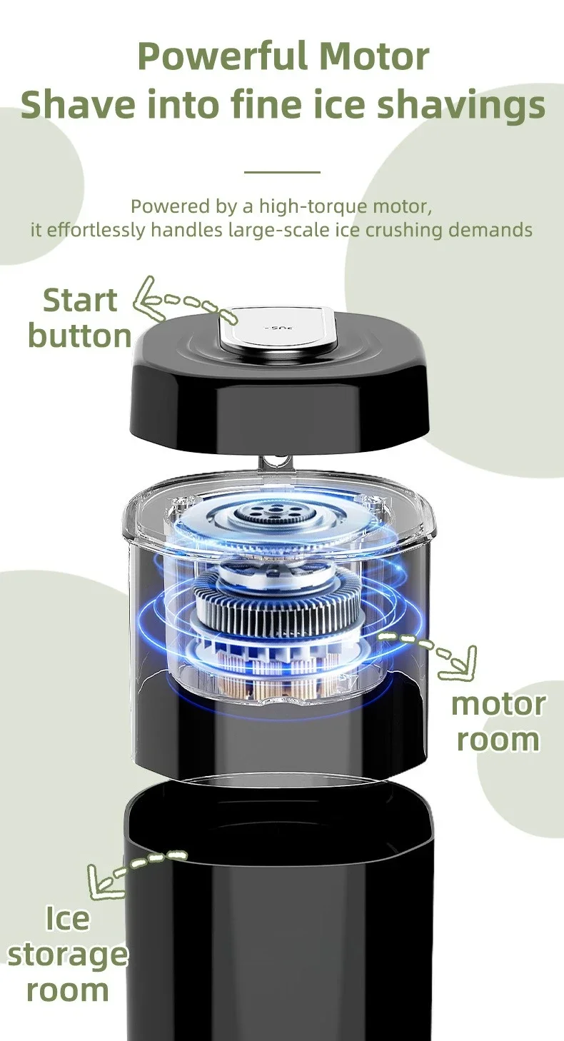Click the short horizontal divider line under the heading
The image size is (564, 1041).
pos(282,172)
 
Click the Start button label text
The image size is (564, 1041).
pos(80,318)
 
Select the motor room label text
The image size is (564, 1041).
pos(498,722)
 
